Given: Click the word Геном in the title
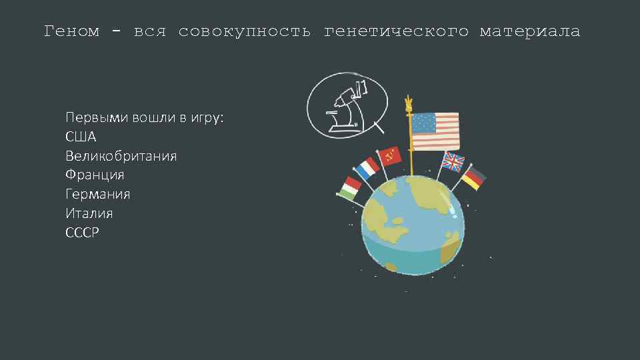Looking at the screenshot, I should [x=71, y=31].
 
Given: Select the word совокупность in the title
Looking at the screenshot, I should [x=244, y=31].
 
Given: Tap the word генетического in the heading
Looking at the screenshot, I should [x=395, y=31].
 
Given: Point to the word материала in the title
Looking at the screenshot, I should [x=529, y=31].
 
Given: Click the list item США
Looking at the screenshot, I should [x=81, y=137].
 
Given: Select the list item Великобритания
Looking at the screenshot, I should [x=121, y=156].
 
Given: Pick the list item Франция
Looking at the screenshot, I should [x=95, y=175].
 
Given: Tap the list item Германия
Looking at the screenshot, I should [x=97, y=194].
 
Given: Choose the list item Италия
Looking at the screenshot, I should [x=89, y=213].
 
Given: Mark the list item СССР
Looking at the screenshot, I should [x=82, y=232].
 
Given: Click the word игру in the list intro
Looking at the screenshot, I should [x=207, y=118].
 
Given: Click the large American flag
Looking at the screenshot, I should [x=435, y=131].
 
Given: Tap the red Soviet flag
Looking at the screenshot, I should [x=389, y=157].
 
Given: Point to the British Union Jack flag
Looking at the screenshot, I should [x=453, y=162].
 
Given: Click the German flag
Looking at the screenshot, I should [x=474, y=178].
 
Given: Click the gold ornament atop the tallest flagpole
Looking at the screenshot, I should [x=408, y=104].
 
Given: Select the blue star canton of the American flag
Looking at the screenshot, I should [x=423, y=123].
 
